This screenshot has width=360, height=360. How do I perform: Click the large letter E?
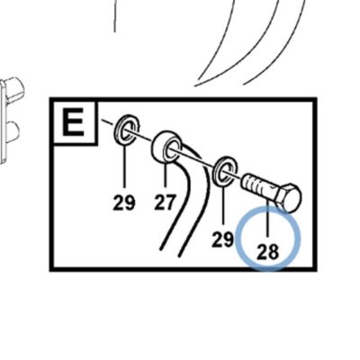[x=73, y=122]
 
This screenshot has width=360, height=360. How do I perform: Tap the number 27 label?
[x=165, y=202]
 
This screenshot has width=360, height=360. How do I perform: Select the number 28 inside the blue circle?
[x=267, y=252]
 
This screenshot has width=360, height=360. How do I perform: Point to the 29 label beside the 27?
[x=124, y=202]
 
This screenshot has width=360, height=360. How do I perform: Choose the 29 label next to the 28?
[x=222, y=239]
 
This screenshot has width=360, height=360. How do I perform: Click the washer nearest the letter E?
[x=127, y=129]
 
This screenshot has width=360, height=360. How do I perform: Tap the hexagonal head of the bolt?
[x=288, y=198]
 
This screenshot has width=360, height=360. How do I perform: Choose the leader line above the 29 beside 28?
[x=223, y=204]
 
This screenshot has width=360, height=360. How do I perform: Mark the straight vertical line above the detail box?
[x=114, y=15]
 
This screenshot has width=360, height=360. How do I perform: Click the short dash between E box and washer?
[x=107, y=121]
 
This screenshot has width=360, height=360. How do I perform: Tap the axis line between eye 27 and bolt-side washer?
[x=197, y=159]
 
